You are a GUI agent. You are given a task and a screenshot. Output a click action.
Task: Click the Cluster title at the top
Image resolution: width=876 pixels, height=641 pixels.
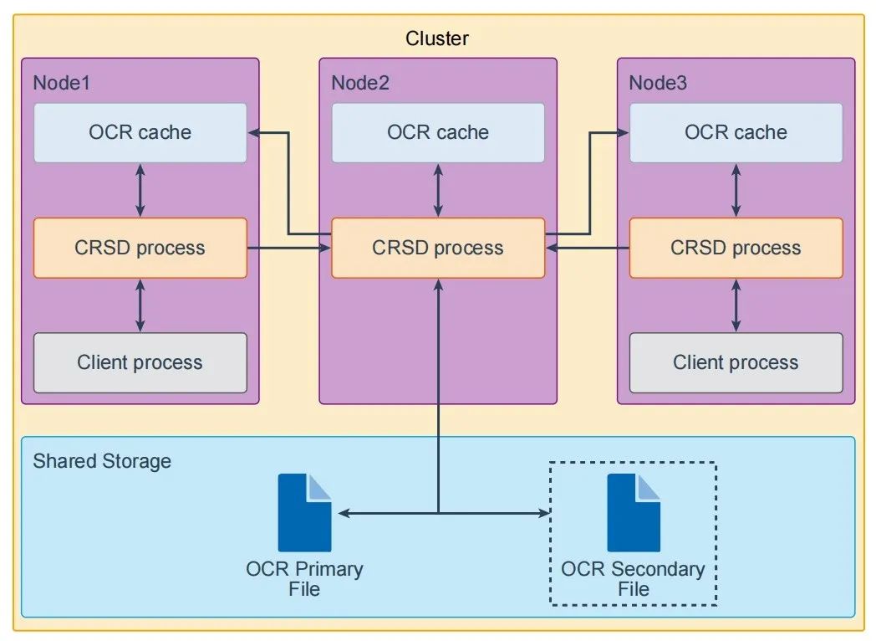[x=437, y=38]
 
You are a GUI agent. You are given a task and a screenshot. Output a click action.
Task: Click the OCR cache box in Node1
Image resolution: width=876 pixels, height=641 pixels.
[x=140, y=132]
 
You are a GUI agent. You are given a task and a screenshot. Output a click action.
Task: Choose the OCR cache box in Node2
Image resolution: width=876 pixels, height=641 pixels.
[x=438, y=132]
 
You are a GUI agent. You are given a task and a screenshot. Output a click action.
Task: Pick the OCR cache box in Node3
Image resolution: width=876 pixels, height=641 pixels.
[x=736, y=132]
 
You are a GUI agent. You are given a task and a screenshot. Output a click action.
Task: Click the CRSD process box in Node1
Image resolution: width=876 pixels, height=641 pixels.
[x=140, y=248]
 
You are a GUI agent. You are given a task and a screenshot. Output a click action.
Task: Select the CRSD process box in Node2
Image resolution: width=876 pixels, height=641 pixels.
[x=438, y=248]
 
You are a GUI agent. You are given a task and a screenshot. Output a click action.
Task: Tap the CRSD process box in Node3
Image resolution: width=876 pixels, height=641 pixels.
[x=736, y=248]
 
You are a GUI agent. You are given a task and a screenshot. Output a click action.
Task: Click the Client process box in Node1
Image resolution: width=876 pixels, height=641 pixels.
[x=140, y=362]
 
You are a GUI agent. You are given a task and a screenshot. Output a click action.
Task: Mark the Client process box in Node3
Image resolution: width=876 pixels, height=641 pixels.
[x=736, y=362]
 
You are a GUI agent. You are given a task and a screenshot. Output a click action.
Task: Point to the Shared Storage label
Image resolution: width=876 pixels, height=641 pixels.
[x=102, y=461]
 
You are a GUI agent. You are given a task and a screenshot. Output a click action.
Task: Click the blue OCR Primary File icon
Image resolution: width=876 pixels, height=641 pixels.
[x=304, y=512]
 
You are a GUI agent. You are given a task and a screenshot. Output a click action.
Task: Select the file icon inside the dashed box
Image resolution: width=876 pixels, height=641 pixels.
[x=634, y=512]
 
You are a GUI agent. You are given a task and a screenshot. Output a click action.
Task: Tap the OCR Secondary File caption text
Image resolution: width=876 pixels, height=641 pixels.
[x=633, y=579]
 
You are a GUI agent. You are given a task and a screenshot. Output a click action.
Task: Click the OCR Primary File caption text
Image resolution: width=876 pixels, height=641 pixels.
[x=304, y=579]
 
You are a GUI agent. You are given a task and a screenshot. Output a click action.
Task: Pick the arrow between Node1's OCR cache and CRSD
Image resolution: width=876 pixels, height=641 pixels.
[x=140, y=190]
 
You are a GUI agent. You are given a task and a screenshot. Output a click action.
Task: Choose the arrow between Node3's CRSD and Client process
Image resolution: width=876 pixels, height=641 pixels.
[x=736, y=305]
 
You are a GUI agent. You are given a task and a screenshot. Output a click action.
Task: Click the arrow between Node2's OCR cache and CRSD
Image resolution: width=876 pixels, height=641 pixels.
[x=438, y=190]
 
